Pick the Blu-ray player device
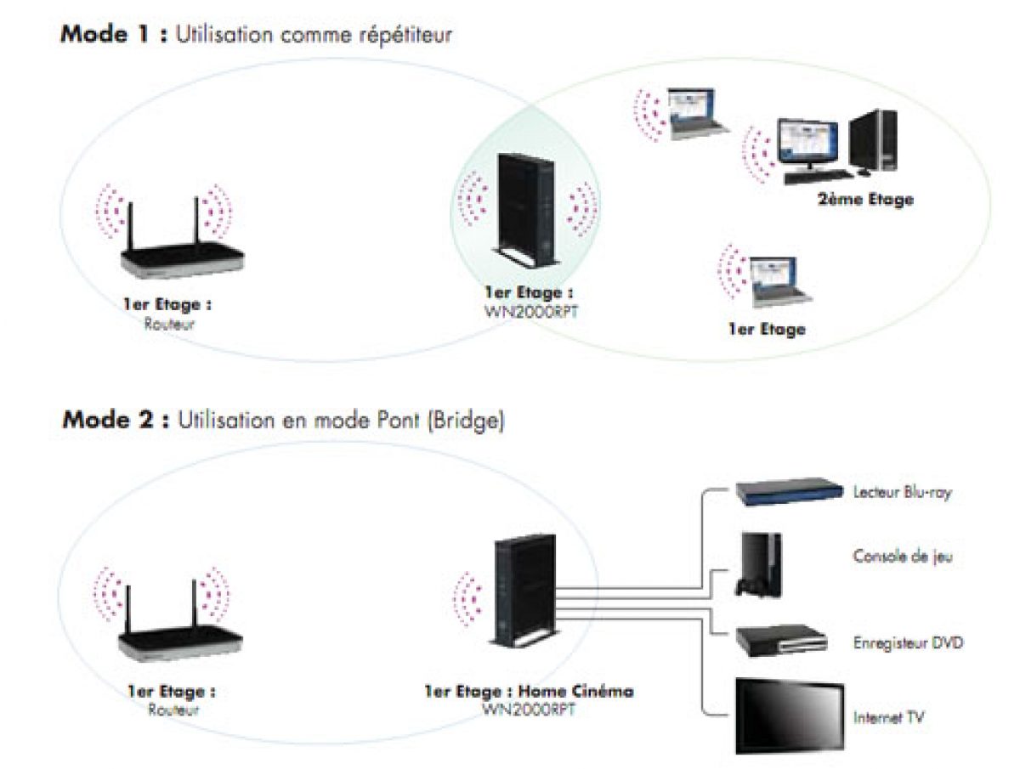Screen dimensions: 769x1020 783,492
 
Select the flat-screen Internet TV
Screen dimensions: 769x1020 789,714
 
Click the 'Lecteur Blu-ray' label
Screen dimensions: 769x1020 902,492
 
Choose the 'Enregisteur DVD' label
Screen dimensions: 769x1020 908,643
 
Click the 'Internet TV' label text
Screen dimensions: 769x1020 888,718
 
